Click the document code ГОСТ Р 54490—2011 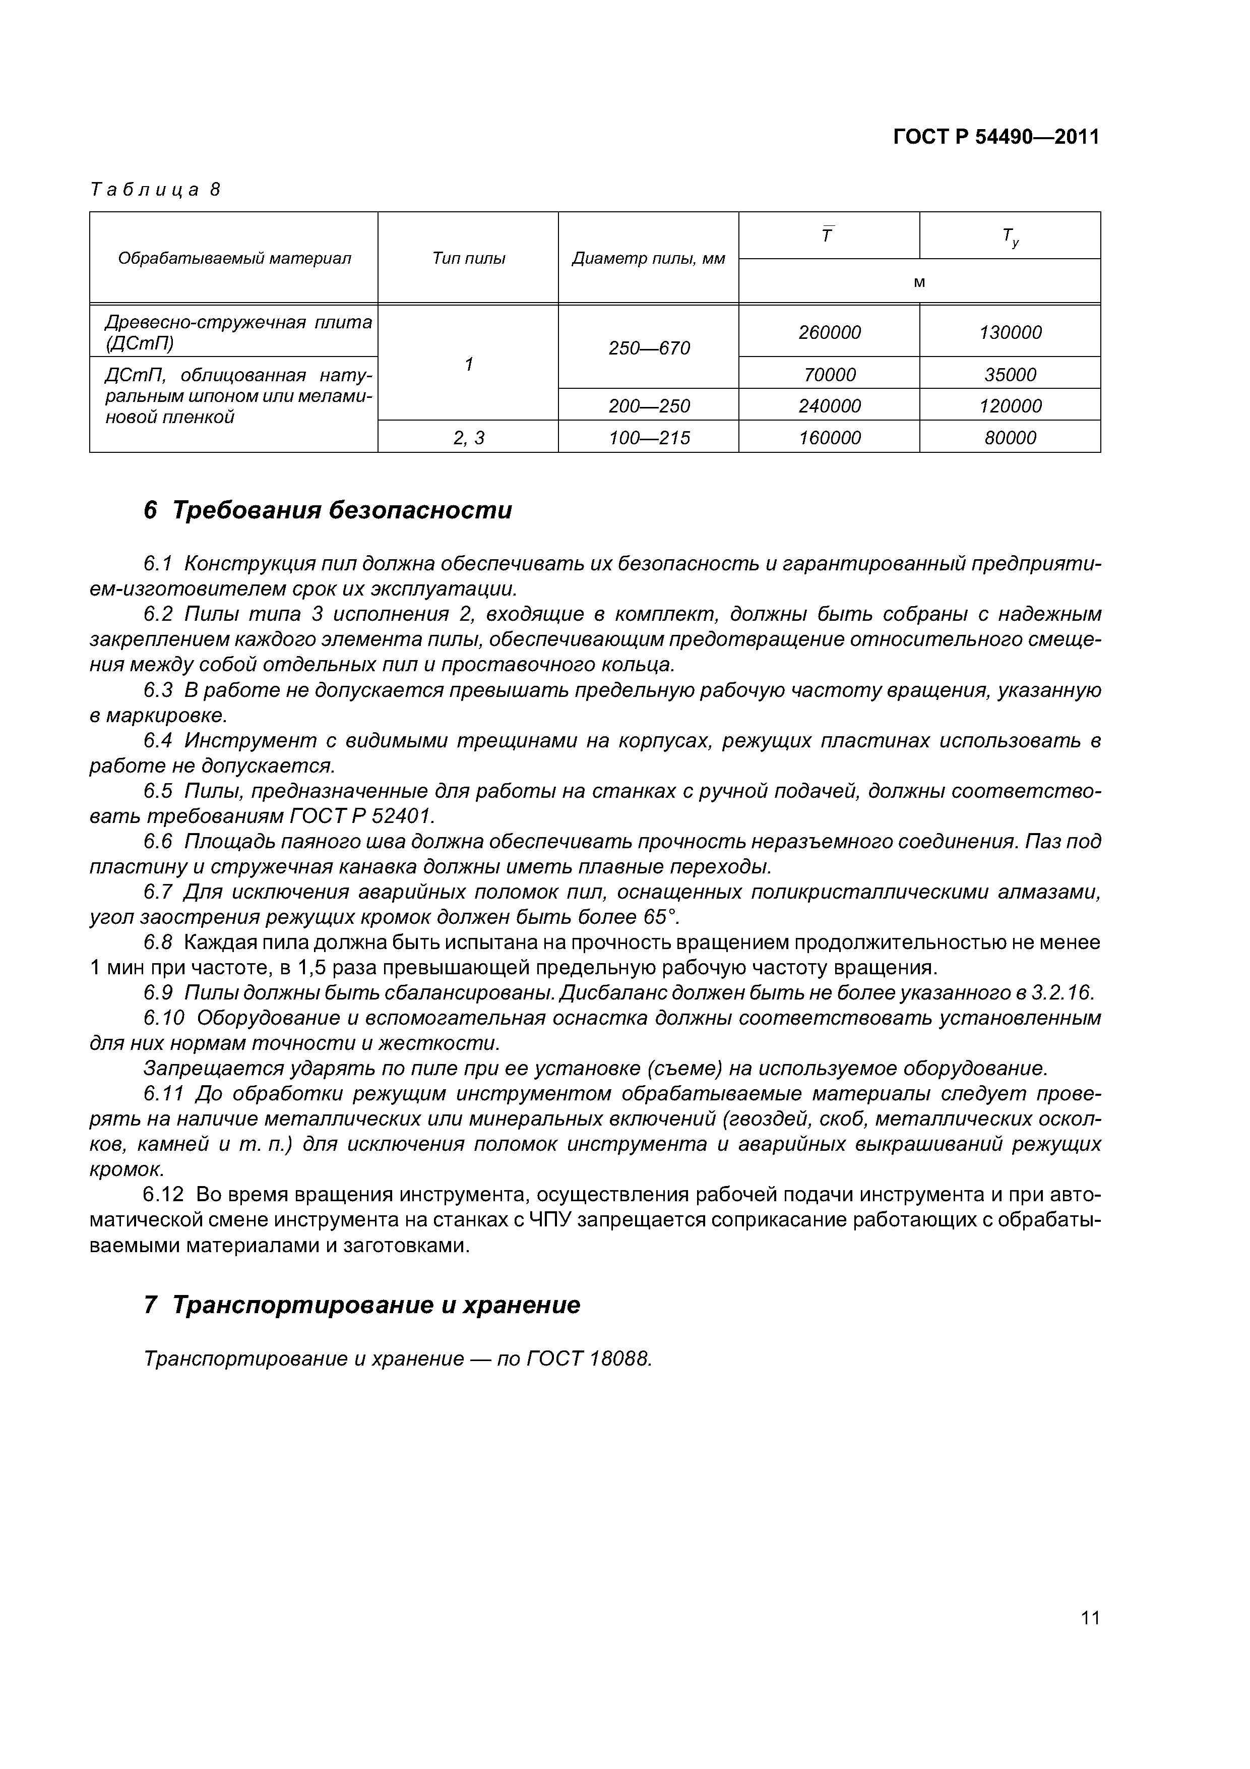(996, 137)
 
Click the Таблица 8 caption (156, 190)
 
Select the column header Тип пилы (468, 258)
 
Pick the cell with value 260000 (830, 332)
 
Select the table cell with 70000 (830, 375)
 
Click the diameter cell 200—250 (649, 406)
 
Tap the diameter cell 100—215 (649, 438)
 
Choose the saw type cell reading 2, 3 (468, 438)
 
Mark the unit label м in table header (919, 282)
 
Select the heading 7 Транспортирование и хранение (361, 1305)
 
